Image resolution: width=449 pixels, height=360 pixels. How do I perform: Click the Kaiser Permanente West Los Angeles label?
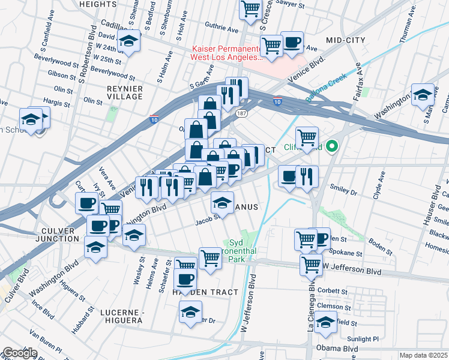[227, 53]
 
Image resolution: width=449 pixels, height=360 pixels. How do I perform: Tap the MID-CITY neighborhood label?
[345, 40]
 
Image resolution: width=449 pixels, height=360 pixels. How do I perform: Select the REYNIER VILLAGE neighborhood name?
[124, 92]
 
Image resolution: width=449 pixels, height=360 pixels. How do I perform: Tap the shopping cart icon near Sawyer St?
[250, 8]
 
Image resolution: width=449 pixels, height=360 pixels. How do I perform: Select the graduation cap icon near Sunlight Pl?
[325, 323]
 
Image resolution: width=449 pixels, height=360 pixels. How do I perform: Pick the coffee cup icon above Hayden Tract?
[185, 278]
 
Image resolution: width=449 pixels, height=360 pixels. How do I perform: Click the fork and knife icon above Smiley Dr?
[307, 176]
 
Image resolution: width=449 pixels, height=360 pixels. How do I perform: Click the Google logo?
[19, 353]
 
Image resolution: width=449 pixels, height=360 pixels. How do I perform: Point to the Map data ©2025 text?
[423, 355]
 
